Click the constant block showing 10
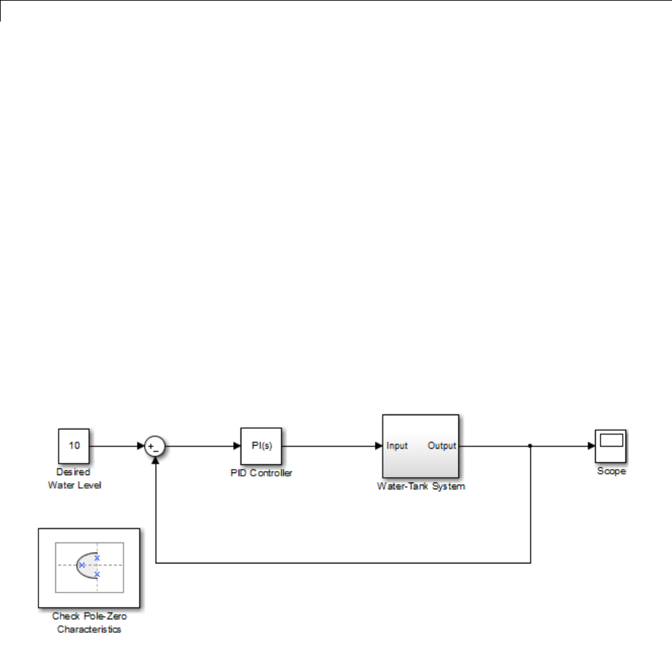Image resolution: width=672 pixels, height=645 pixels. click(x=75, y=446)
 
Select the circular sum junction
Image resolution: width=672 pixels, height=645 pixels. click(x=156, y=446)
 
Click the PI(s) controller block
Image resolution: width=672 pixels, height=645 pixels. click(x=262, y=446)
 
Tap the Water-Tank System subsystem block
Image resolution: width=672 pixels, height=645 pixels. click(x=421, y=446)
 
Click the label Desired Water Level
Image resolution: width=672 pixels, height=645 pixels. click(x=75, y=479)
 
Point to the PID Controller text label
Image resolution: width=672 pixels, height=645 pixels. click(x=262, y=473)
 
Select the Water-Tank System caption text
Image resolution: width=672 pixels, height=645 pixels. click(x=421, y=487)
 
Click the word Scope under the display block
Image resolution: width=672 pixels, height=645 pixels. click(x=611, y=471)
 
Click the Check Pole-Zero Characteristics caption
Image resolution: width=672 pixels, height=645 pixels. click(x=89, y=623)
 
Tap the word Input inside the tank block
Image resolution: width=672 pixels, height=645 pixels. click(x=397, y=446)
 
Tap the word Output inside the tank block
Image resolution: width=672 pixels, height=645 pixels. click(x=442, y=446)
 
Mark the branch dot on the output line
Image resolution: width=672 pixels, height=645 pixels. click(x=530, y=446)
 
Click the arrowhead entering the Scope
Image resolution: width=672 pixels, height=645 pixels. click(x=591, y=446)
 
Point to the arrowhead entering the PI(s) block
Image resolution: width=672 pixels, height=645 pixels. click(x=237, y=446)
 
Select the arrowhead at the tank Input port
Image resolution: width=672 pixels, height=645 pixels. click(x=379, y=446)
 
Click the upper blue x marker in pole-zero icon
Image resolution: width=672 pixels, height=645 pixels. click(x=97, y=557)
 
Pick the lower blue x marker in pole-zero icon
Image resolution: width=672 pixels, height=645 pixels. click(x=97, y=574)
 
